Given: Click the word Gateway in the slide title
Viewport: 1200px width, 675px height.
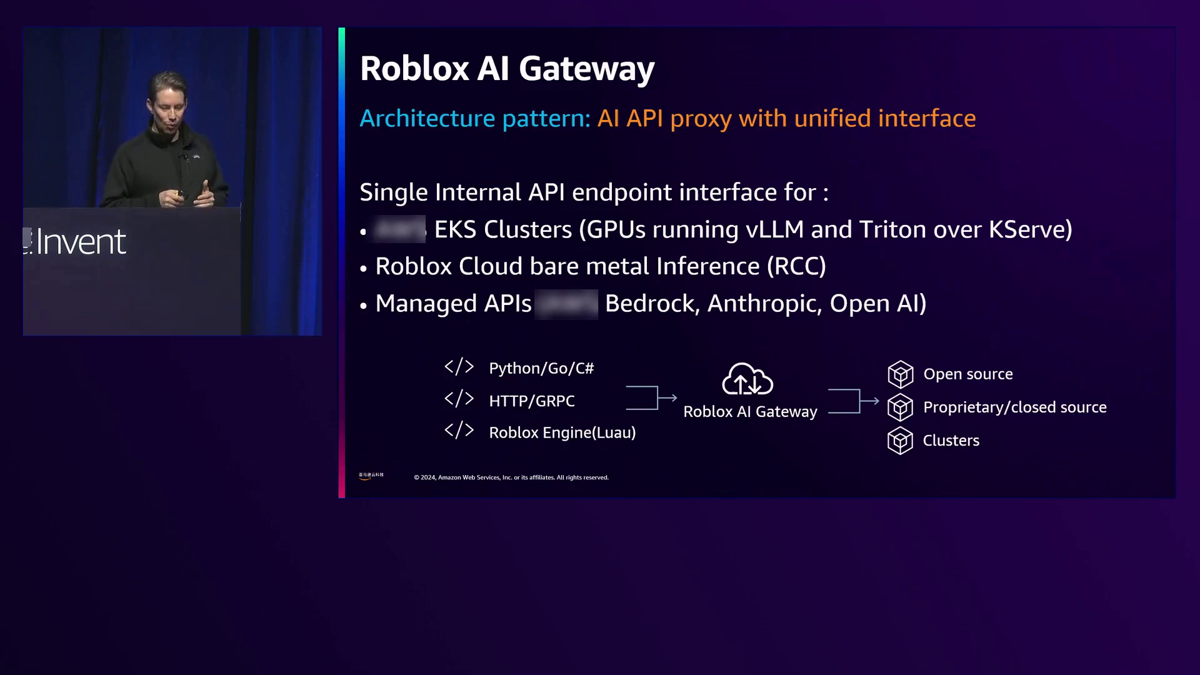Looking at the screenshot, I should coord(586,69).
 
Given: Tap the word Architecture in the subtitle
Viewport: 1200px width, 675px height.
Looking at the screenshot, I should coord(427,119).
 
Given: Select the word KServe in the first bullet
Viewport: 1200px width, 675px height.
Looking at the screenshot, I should coord(1029,230).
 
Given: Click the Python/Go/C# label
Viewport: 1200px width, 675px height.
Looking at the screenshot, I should coord(541,369).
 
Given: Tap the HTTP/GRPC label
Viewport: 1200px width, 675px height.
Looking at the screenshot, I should coord(532,401).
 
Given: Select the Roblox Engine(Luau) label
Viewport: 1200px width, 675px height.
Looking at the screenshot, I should coord(562,433).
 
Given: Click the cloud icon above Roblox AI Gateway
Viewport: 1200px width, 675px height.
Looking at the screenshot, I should coord(747,379).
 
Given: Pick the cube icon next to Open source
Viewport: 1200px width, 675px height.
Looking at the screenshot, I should coord(900,374).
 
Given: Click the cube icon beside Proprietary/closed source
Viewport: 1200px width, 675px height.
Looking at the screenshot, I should coord(900,407).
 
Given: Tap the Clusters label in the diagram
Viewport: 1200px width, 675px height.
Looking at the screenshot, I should coord(951,441).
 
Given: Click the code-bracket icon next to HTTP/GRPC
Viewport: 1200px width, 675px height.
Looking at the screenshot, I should coord(459,399).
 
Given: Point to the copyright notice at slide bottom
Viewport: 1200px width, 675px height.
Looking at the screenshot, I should coord(511,477).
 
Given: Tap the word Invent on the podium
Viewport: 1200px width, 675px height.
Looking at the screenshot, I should coord(81,242).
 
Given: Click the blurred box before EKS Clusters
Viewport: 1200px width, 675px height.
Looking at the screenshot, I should coord(399,229).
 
